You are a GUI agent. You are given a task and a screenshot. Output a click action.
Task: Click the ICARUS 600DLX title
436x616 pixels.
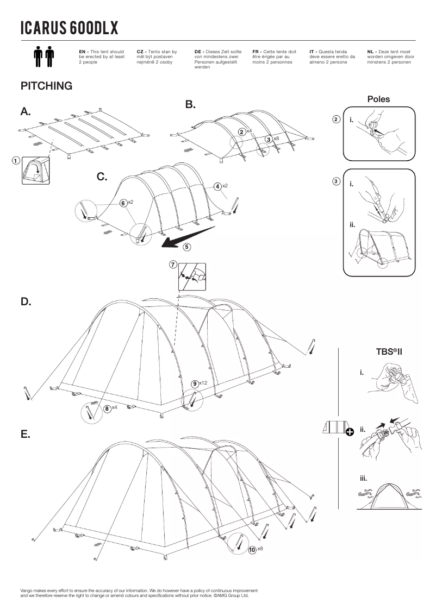click(69, 27)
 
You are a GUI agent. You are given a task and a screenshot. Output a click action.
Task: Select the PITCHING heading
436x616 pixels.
click(46, 86)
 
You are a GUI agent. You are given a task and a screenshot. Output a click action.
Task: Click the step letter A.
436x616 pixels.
click(26, 112)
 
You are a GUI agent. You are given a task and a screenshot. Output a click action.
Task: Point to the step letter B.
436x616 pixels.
click(190, 104)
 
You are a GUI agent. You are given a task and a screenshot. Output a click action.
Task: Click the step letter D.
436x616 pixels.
click(26, 301)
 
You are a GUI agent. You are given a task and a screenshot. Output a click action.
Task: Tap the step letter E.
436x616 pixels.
click(25, 435)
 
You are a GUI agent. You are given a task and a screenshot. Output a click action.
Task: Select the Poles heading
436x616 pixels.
click(378, 99)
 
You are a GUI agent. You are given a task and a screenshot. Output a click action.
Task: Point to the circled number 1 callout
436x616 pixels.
click(16, 161)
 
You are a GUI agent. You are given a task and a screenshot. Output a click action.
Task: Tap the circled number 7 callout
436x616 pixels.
click(173, 265)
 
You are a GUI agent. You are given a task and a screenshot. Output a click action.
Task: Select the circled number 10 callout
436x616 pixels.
click(252, 550)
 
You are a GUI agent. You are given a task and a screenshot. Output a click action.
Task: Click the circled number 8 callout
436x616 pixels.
click(108, 408)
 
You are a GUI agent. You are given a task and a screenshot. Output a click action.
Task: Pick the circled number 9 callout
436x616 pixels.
click(195, 384)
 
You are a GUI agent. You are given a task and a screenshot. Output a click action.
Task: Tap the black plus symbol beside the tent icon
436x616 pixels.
click(349, 432)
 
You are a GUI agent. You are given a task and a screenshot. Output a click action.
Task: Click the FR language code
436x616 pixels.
click(256, 51)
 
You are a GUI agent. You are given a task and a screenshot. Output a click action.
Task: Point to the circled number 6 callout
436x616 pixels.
click(123, 203)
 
